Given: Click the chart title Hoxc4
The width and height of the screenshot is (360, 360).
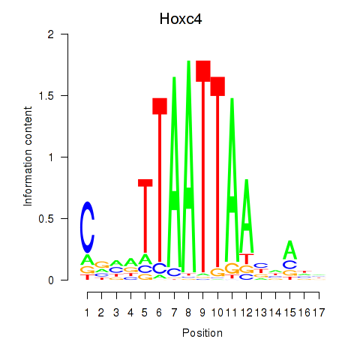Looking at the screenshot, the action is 181,19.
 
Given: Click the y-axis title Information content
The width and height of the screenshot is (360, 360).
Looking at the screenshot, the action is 28,157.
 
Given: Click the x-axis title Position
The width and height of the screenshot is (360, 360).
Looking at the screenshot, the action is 202,333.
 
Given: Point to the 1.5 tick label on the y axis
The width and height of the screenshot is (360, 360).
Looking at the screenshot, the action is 46,96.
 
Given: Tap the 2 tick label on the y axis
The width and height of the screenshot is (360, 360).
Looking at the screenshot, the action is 51,34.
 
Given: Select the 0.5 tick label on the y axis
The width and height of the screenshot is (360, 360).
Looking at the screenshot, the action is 46,219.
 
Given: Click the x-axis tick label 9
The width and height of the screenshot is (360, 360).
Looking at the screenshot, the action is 202,313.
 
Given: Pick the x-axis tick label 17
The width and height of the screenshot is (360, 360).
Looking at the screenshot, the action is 319,313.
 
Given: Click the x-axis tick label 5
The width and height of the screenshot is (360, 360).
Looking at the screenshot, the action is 145,313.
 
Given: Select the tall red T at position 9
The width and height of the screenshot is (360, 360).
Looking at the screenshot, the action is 203,166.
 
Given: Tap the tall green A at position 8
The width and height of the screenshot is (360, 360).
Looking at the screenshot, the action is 189,166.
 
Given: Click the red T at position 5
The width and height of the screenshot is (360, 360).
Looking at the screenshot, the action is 145,216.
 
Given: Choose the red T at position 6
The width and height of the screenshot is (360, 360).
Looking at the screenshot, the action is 160,180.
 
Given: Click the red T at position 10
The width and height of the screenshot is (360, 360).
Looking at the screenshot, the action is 217,172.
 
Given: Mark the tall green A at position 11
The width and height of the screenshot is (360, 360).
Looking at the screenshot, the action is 232,180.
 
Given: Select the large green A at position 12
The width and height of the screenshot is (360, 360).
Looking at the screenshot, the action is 247,216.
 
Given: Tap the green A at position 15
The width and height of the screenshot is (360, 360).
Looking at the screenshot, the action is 290,250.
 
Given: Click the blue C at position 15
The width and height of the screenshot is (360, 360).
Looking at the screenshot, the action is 290,265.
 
